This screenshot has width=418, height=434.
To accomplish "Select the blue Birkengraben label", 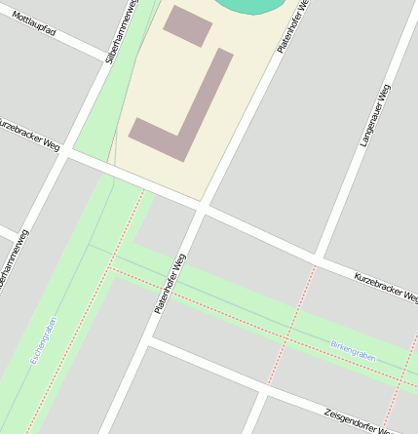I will [x=352, y=346].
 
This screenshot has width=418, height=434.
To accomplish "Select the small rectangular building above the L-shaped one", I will [x=187, y=26].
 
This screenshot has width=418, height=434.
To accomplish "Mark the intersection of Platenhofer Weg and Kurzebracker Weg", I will [x=202, y=206].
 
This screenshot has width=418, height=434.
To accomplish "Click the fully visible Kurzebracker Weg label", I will [x=386, y=286].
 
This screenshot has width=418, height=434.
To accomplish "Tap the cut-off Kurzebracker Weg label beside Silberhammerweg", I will [x=29, y=136].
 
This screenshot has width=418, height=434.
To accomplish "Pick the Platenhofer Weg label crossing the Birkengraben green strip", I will [x=169, y=283].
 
